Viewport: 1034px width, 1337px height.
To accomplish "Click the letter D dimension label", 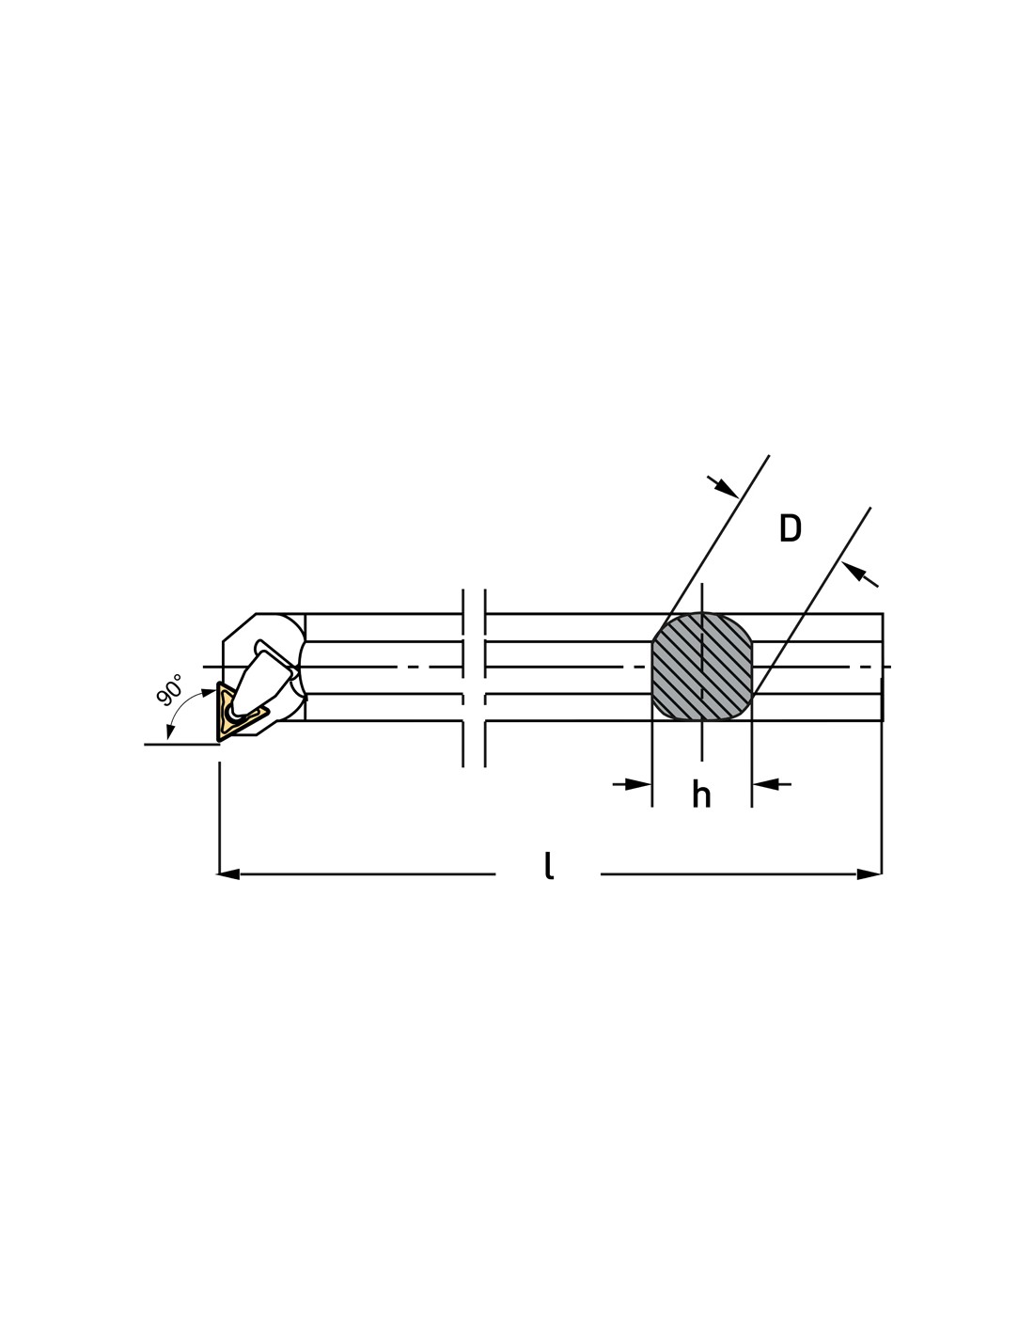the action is pyautogui.click(x=790, y=527).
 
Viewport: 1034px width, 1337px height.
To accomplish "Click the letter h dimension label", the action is pyautogui.click(x=701, y=794).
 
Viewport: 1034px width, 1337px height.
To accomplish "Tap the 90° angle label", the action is pyautogui.click(x=169, y=690).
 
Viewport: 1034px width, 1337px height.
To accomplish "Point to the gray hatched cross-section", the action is pyautogui.click(x=702, y=666).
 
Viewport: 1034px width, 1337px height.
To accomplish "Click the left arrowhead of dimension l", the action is pyautogui.click(x=228, y=873).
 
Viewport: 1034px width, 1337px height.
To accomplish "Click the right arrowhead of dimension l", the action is pyautogui.click(x=869, y=873).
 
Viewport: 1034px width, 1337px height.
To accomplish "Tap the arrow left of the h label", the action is pyautogui.click(x=632, y=784).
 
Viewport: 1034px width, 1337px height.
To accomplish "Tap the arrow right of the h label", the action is pyautogui.click(x=772, y=784).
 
